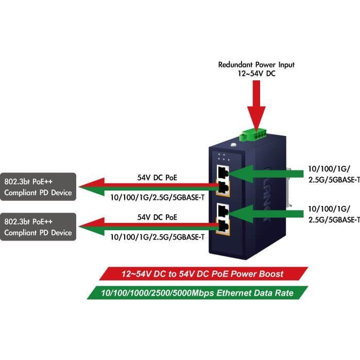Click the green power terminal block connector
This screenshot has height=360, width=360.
click(x=252, y=135)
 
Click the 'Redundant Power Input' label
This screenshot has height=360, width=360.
click(x=256, y=65)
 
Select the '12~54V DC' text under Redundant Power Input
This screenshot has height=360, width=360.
click(x=256, y=74)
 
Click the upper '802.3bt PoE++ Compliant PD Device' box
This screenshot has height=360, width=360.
click(x=38, y=186)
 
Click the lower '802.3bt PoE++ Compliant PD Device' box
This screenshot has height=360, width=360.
click(x=38, y=227)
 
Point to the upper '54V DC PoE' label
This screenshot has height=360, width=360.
click(x=157, y=178)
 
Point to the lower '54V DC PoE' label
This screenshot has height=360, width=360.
click(x=157, y=217)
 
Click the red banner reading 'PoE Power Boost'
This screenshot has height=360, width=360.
click(x=203, y=273)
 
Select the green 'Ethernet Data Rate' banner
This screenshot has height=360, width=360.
click(x=197, y=293)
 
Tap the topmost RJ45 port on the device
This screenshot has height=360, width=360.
click(x=223, y=172)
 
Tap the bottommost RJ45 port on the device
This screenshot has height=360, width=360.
click(x=223, y=227)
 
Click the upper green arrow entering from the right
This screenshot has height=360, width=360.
click(x=266, y=174)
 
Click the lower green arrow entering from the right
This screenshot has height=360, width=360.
click(x=266, y=214)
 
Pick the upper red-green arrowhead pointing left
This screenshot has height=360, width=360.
click(x=92, y=186)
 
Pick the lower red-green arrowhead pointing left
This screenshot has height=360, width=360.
click(x=92, y=227)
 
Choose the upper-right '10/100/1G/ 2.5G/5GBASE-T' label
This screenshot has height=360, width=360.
click(x=334, y=175)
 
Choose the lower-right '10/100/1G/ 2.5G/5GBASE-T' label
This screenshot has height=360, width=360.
click(x=334, y=214)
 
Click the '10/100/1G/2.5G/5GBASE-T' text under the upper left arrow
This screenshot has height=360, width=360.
click(x=157, y=197)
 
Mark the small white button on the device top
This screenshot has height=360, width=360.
click(x=233, y=145)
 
